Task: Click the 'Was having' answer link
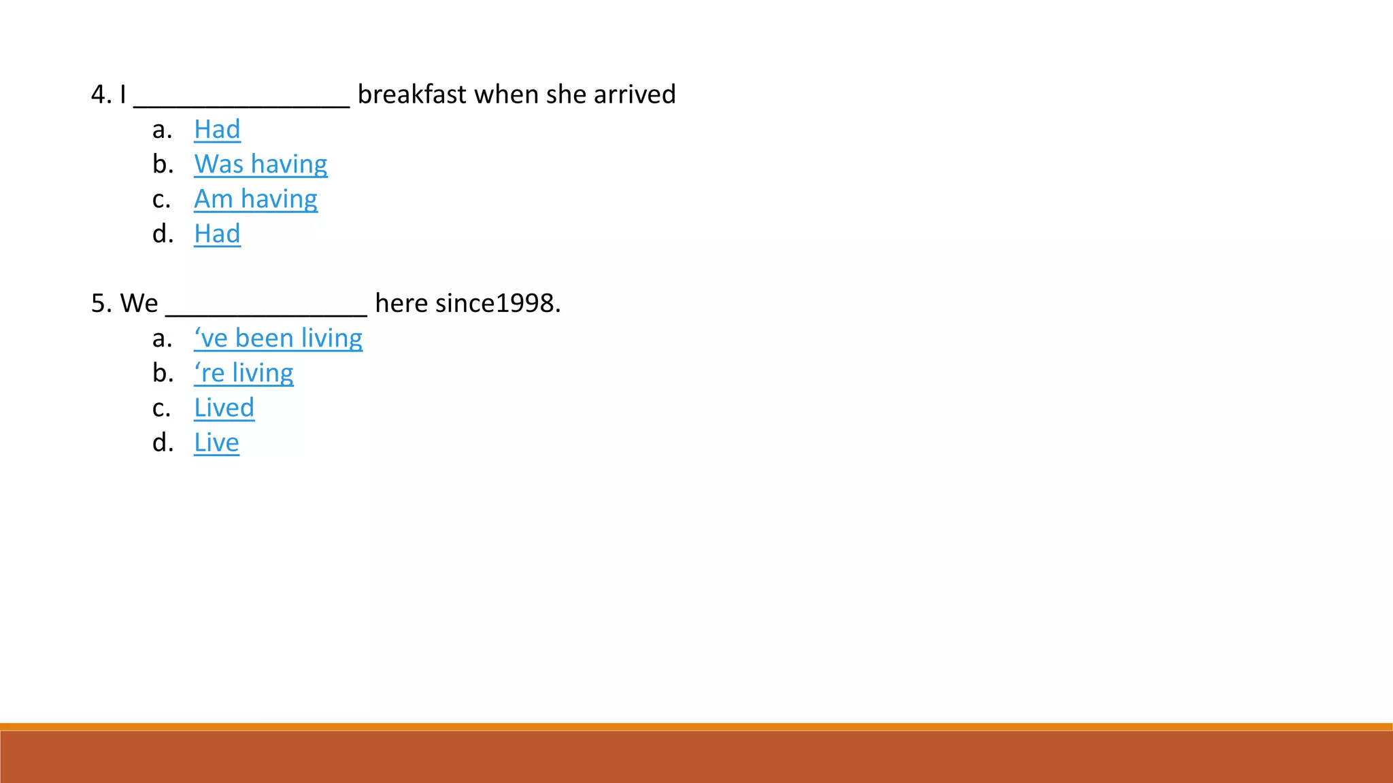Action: tap(261, 164)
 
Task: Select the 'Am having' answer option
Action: tap(255, 199)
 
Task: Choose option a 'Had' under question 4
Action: tap(217, 129)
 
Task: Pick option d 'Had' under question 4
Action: tap(217, 234)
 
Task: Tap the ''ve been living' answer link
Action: tap(278, 338)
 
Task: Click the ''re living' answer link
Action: tap(244, 373)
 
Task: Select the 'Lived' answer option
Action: tap(224, 408)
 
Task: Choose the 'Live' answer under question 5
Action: tap(216, 442)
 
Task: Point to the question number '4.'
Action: tap(101, 94)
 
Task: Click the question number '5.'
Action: tap(101, 303)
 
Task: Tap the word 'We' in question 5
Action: tap(139, 303)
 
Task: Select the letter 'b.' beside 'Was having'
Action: tap(163, 164)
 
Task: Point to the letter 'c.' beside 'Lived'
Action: tap(162, 408)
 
